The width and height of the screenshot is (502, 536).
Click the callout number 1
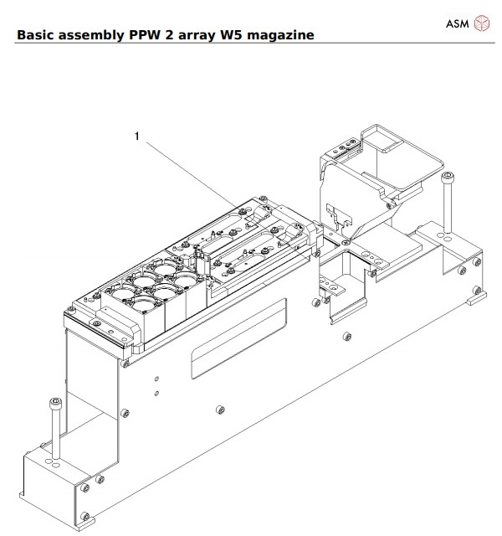click(x=136, y=135)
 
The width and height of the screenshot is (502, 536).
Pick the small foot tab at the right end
click(x=477, y=295)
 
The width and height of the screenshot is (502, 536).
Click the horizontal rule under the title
click(x=251, y=44)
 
